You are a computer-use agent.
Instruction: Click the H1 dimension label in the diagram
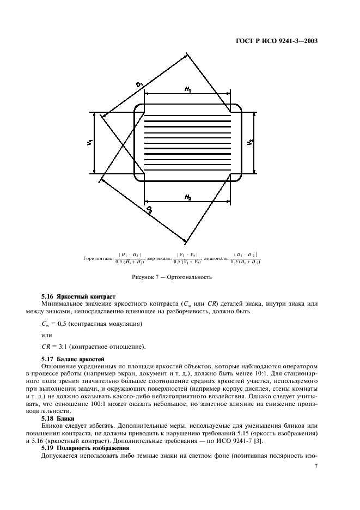click(x=187, y=89)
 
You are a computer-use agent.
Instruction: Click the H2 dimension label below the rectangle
click(x=187, y=196)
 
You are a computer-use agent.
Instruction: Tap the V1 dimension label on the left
click(x=89, y=143)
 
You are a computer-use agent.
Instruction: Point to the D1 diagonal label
click(x=139, y=84)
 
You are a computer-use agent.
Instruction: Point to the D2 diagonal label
click(x=148, y=209)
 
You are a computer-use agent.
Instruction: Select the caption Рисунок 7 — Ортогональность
click(x=172, y=277)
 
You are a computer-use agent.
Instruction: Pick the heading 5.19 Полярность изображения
click(x=86, y=447)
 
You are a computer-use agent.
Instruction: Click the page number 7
click(x=316, y=466)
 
